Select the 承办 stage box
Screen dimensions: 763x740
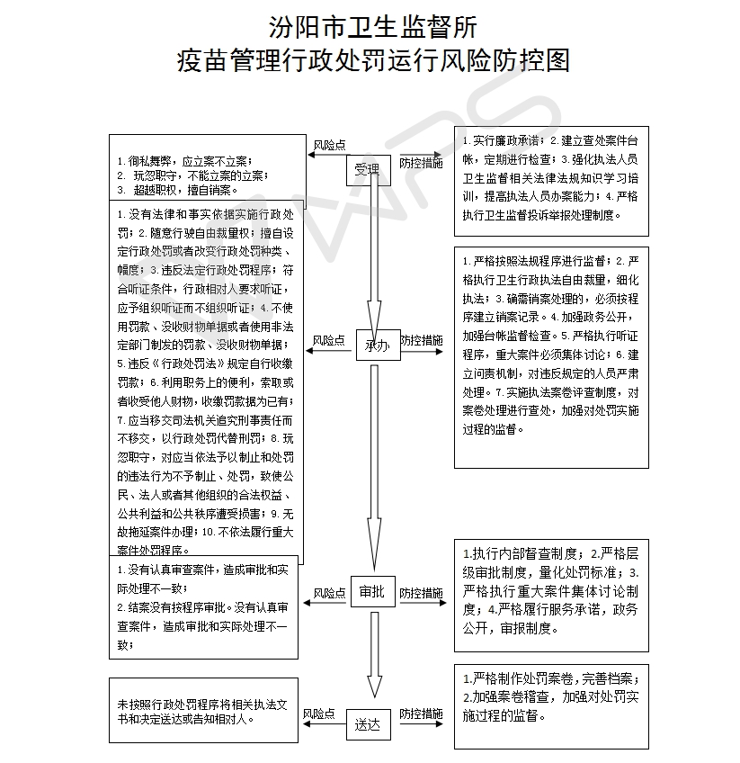point(376,346)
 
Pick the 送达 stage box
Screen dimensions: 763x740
point(369,723)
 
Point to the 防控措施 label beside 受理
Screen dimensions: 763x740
point(421,163)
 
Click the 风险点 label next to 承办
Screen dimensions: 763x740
point(329,340)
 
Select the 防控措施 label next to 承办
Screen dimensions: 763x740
point(421,340)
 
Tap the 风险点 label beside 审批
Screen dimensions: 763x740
point(329,593)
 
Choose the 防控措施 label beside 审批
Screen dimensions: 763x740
point(421,593)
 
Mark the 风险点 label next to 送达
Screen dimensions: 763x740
point(319,714)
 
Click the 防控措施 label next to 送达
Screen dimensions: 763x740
point(421,714)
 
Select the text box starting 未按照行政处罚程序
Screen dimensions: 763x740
point(202,710)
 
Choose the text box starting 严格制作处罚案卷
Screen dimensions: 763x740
point(551,705)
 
